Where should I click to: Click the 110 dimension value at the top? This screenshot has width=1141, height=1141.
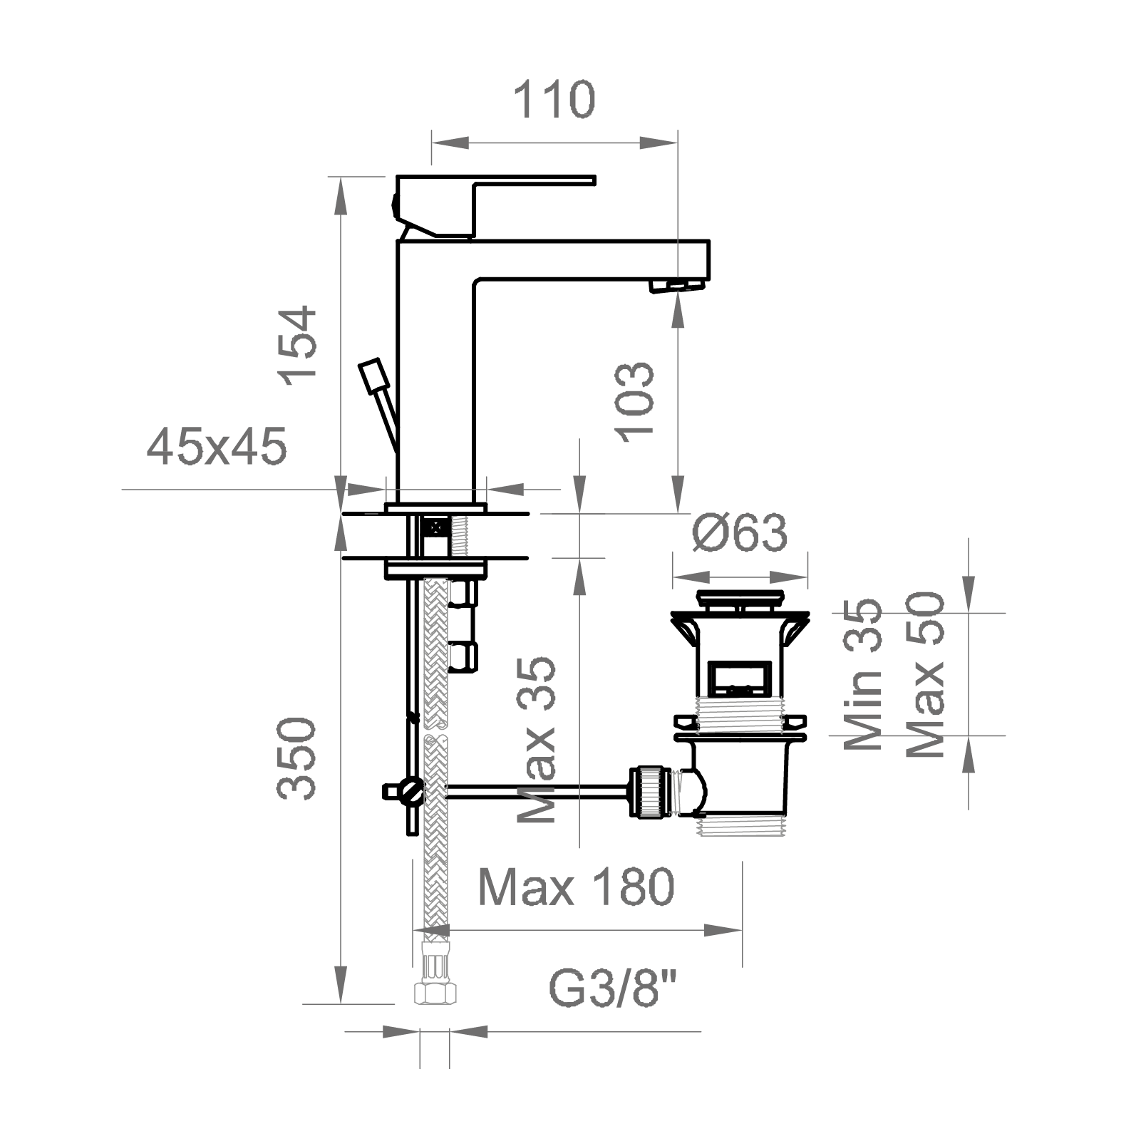click(554, 100)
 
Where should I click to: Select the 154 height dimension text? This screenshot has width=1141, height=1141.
click(299, 345)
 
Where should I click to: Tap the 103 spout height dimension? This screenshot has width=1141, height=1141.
click(634, 402)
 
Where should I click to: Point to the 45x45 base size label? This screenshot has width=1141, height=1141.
click(217, 447)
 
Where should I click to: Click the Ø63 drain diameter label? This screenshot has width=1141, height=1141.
click(740, 532)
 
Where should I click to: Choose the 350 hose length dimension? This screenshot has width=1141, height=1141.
click(297, 758)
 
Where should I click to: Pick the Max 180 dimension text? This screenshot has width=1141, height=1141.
click(576, 887)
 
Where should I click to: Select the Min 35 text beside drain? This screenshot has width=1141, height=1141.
click(863, 674)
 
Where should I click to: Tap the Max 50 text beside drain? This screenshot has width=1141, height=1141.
click(927, 675)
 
